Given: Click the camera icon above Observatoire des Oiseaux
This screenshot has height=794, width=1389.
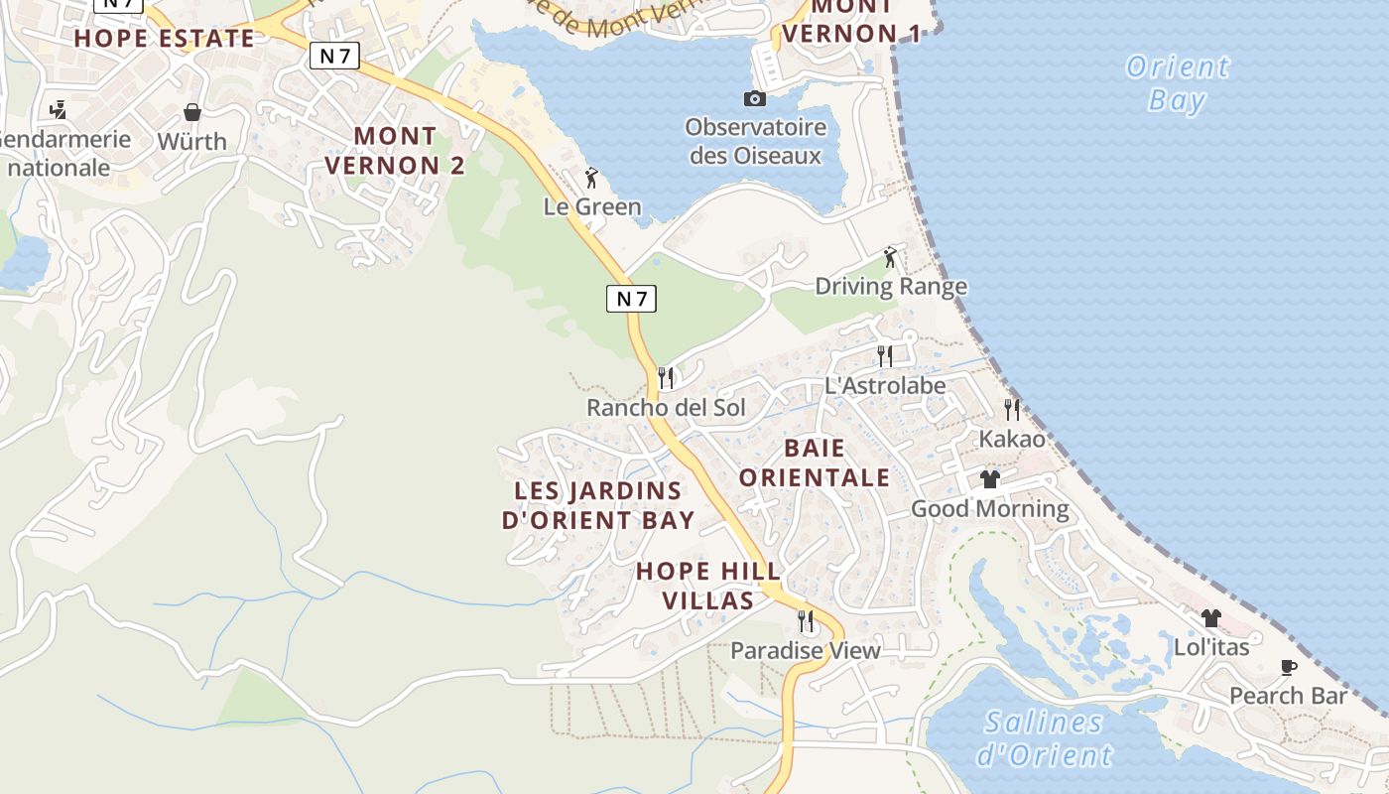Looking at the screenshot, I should tap(755, 98).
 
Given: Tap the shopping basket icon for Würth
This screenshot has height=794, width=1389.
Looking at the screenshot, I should tap(192, 112).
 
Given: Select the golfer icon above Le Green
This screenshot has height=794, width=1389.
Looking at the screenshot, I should tap(592, 179).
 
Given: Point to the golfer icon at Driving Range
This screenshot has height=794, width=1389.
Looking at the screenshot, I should tap(891, 258).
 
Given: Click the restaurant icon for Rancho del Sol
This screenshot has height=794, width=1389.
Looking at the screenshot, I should tap(666, 378).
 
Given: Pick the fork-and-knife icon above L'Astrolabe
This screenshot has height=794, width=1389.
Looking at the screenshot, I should tap(885, 355).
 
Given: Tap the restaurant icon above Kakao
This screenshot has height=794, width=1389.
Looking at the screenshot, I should tap(1012, 409).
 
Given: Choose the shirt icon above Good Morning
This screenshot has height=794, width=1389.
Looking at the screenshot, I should tap(989, 479).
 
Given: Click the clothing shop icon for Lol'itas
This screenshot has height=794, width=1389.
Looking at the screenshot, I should tap(1210, 617).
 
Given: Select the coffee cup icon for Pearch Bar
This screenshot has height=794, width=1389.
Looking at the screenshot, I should tap(1289, 667).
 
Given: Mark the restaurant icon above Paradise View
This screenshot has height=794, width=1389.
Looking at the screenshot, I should tap(806, 621).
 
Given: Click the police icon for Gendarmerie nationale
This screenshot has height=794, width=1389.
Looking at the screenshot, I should tap(59, 109).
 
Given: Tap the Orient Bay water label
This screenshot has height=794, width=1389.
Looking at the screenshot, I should tap(1178, 83).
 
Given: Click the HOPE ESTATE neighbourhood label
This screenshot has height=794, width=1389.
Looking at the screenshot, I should tap(164, 39).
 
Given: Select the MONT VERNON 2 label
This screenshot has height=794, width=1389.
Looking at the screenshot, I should tap(395, 150).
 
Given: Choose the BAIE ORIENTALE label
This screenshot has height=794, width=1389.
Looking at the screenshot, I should tap(815, 463).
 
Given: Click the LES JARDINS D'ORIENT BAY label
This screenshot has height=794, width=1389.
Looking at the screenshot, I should tap(598, 505).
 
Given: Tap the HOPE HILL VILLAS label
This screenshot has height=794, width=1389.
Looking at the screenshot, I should tap(708, 586).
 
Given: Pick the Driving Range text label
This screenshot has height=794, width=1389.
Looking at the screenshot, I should tap(891, 287).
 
